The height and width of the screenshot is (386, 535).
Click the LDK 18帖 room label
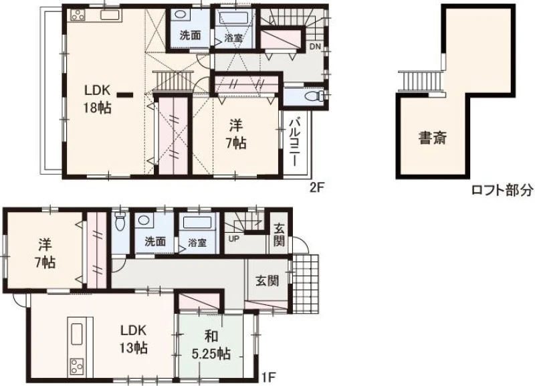tap(98, 99)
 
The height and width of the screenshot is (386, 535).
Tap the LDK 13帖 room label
tap(133, 339)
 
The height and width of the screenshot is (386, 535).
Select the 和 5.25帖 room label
tap(211, 345)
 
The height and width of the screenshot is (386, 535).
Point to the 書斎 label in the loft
tap(433, 138)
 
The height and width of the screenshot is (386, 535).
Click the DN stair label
tap(315, 46)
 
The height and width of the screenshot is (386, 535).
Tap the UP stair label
tap(233, 239)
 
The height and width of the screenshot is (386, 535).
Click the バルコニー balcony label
tap(296, 142)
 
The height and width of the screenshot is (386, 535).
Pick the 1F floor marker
tap(268, 377)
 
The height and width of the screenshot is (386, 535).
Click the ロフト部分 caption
tap(502, 190)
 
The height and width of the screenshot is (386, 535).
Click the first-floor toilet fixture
tap(120, 221)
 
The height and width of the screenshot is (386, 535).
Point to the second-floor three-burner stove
tap(78, 15)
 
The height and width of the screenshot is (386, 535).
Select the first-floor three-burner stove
tap(76, 367)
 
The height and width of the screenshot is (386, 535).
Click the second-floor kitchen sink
tap(110, 15)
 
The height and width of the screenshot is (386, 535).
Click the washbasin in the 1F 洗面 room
tap(144, 221)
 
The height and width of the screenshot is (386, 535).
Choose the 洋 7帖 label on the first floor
tap(45, 254)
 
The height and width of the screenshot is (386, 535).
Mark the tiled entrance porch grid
tap(306, 284)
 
